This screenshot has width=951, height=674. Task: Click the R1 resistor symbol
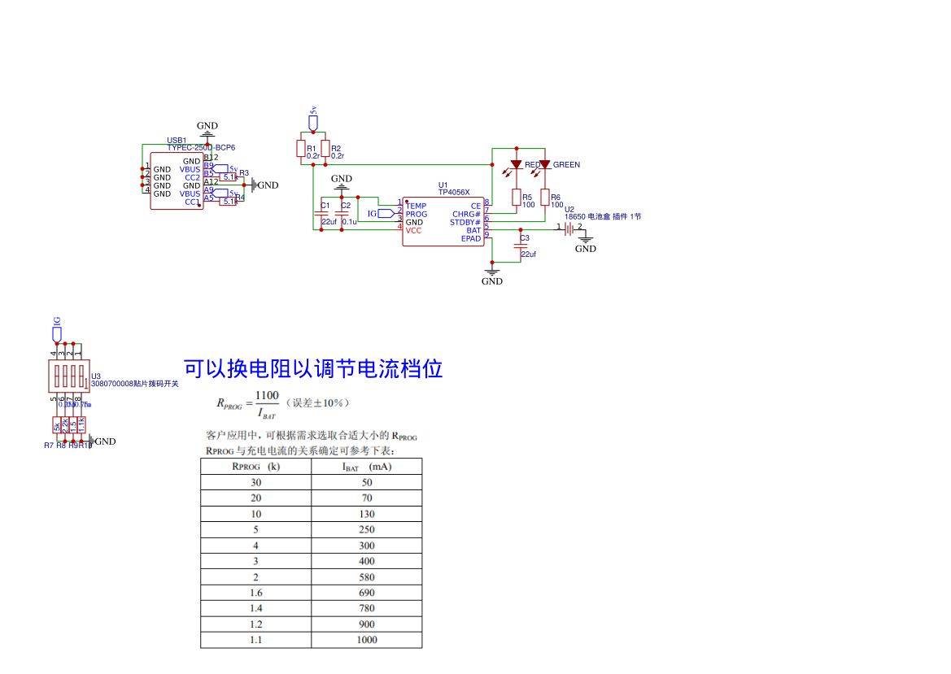300,149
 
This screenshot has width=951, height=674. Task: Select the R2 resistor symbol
325,149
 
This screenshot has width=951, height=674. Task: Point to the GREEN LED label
566,165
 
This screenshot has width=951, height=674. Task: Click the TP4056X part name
454,193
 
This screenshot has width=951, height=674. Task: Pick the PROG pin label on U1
417,215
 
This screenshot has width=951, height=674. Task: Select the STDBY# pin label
465,223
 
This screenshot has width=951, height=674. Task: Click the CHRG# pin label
467,215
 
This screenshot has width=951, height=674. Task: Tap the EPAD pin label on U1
471,239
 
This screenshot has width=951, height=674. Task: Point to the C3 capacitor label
525,238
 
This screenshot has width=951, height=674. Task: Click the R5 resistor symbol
516,197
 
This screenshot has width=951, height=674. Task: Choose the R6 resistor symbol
545,198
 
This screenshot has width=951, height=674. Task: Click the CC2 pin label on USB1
192,177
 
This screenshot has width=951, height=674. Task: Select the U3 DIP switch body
68,376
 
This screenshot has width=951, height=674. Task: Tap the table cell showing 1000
367,640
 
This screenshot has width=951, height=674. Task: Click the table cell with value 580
367,577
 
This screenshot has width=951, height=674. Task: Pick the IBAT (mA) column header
366,467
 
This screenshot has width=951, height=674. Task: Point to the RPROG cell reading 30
256,482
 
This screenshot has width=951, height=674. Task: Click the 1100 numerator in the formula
267,396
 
